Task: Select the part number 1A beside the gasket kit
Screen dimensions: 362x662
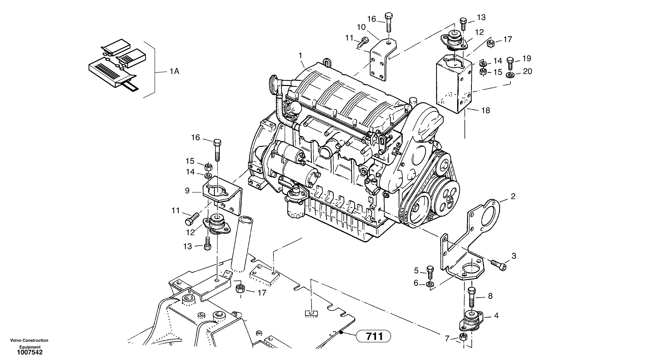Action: (x=174, y=71)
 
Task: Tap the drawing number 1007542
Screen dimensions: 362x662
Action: (x=30, y=352)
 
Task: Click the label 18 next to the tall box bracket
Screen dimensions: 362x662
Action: (x=486, y=111)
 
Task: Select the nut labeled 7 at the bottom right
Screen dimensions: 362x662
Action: (x=463, y=337)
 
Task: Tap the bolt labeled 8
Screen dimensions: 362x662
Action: (x=472, y=297)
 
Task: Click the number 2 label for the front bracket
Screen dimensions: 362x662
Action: (x=513, y=196)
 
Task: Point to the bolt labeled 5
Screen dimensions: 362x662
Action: (x=430, y=273)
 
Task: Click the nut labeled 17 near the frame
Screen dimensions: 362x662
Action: (x=240, y=289)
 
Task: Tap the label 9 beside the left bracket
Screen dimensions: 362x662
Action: (x=187, y=191)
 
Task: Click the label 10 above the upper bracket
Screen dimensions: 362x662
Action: (x=361, y=27)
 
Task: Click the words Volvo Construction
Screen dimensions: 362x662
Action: (x=29, y=340)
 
